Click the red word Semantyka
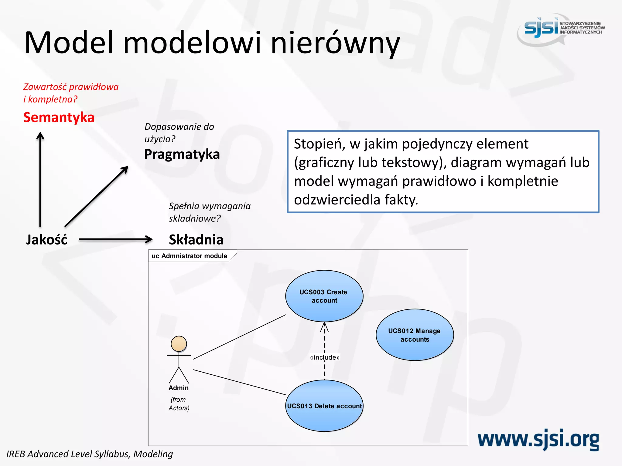(59, 117)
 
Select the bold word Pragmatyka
(182, 154)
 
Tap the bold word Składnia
(196, 240)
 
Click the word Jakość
(46, 240)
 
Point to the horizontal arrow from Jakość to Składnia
(115, 239)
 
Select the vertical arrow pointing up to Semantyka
(40, 179)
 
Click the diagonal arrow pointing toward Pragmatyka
(96, 196)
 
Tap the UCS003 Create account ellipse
(324, 296)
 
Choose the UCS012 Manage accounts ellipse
(415, 335)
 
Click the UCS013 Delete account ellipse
(324, 406)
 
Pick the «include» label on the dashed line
(325, 358)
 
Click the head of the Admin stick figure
(179, 344)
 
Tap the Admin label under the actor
(179, 388)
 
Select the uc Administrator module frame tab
(190, 256)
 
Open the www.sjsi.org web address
(538, 440)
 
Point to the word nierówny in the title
(335, 43)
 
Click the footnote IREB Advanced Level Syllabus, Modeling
(90, 454)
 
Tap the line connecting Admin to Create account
(239, 337)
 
